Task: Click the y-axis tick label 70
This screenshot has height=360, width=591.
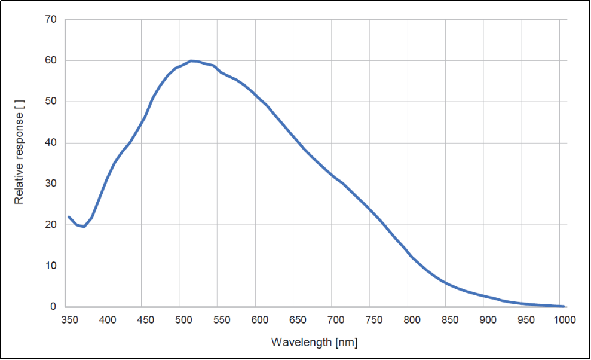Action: (50, 20)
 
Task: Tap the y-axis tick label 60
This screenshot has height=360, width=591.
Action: (50, 60)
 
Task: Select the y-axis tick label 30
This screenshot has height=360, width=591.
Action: (50, 184)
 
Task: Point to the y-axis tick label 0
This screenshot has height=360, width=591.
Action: (53, 307)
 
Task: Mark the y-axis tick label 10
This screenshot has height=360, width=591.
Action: (50, 266)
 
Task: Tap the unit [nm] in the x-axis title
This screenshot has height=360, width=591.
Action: (346, 343)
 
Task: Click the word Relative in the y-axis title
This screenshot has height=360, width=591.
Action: (20, 187)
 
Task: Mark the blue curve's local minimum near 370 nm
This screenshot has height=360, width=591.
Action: (84, 227)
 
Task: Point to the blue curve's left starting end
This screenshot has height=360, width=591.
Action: (69, 216)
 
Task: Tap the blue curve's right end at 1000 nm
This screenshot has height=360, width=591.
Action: (563, 306)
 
